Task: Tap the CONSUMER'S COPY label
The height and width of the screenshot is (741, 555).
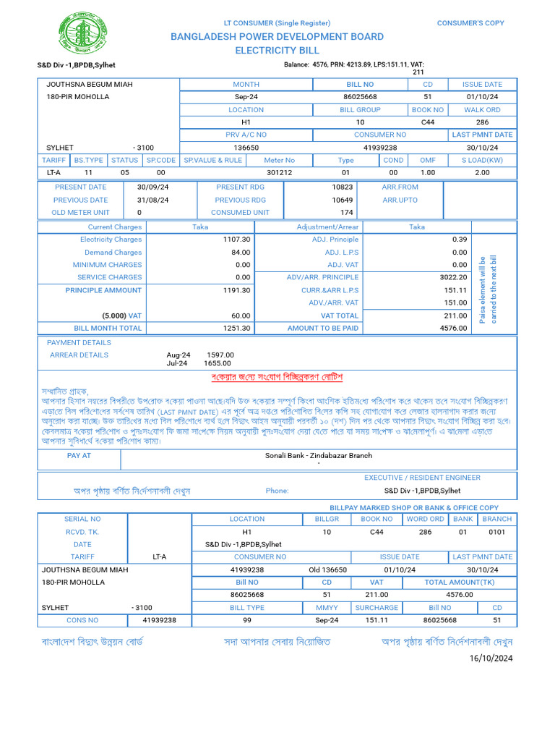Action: (x=470, y=23)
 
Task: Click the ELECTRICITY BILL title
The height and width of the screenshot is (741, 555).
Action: (x=277, y=51)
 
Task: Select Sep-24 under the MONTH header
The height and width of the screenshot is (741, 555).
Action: (x=246, y=97)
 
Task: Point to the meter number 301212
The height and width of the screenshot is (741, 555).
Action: (x=280, y=172)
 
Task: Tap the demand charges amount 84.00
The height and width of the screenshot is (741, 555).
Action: (x=241, y=253)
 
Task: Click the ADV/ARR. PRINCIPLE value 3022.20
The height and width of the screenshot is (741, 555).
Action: (x=453, y=277)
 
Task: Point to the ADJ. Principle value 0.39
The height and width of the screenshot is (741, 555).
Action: (x=460, y=240)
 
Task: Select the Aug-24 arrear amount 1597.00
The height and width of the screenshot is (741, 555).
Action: (x=220, y=355)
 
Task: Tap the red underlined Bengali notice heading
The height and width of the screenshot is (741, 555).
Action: (x=277, y=378)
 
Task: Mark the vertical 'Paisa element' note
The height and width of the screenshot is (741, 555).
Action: (x=489, y=289)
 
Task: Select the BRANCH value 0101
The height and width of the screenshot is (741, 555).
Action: (x=496, y=532)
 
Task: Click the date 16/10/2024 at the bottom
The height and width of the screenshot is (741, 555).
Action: (x=491, y=659)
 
